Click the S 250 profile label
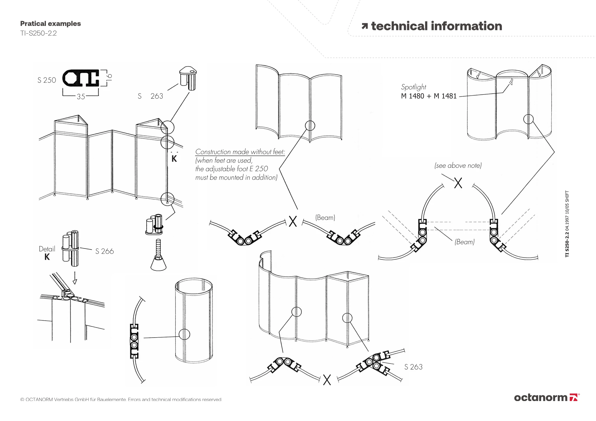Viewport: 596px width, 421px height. point(47,80)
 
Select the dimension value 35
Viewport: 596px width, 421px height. point(81,97)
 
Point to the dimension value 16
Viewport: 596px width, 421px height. point(109,77)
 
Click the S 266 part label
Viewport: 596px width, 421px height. point(104,251)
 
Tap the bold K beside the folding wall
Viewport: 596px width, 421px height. point(174,159)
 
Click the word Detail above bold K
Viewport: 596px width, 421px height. point(47,249)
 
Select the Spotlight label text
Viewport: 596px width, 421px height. point(413,87)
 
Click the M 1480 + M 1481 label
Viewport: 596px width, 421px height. point(429,96)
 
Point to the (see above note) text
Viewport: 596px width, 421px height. point(458,166)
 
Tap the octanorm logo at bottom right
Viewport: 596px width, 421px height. point(547,397)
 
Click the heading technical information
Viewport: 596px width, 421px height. point(436,26)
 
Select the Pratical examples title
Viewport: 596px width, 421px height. point(50,24)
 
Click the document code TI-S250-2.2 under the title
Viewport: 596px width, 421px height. point(38,33)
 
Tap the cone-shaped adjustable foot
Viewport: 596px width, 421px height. point(158,263)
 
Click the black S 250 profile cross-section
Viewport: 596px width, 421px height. point(81,78)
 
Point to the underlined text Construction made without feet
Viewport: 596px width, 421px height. point(240,152)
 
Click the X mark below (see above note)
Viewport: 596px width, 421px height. point(458,183)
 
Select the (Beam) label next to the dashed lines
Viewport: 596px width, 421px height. point(464,242)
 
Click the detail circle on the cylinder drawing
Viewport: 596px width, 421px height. point(184,334)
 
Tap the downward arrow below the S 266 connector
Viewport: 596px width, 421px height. point(75,281)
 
